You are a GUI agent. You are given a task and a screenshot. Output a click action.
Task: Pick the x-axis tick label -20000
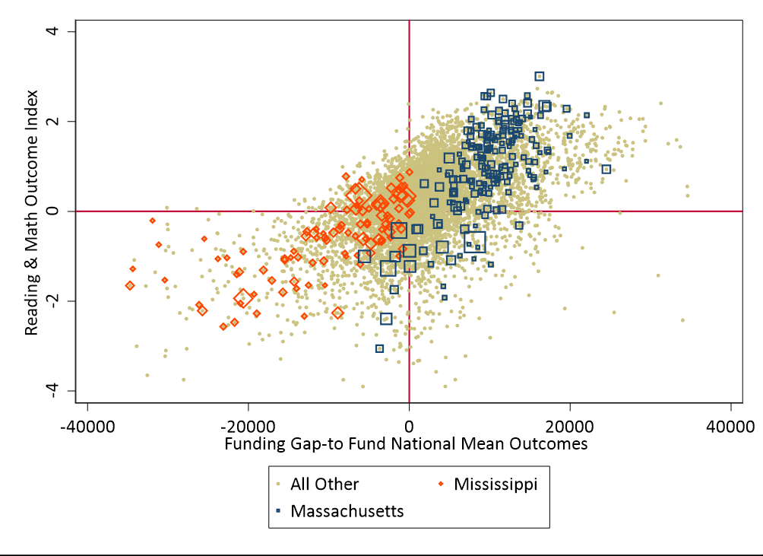[x=248, y=425]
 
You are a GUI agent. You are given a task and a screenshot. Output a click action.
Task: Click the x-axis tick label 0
[x=409, y=425]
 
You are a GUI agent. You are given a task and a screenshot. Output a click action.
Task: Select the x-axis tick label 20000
[x=570, y=425]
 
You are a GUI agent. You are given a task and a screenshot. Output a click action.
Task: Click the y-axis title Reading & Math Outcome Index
[x=32, y=211]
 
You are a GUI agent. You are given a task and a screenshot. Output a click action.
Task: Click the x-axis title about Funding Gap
[x=406, y=444]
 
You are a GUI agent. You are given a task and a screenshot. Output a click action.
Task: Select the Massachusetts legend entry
[x=347, y=510]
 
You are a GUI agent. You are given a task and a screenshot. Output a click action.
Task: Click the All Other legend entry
[x=325, y=484]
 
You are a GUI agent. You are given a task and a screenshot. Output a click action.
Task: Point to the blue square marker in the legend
[x=279, y=511]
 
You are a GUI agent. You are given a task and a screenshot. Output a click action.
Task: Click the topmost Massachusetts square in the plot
[x=540, y=76]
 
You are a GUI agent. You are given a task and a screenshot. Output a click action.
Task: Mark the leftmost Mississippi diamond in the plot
[x=130, y=285]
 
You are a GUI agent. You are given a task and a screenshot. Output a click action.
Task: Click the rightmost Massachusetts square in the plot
[x=606, y=169]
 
